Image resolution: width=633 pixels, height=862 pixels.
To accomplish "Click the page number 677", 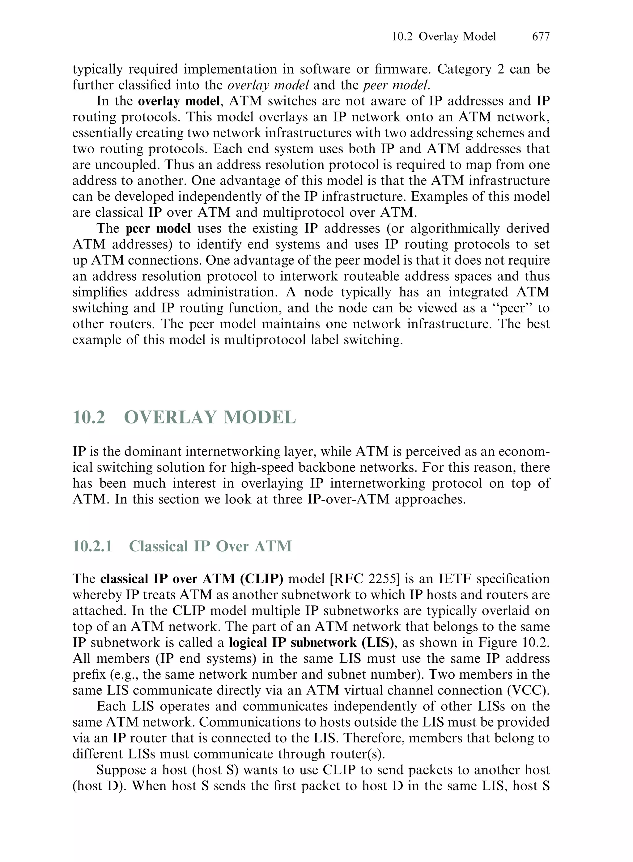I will [541, 36].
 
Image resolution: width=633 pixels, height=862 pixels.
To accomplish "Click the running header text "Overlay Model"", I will [457, 36].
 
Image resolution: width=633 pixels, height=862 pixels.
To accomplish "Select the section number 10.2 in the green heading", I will [89, 417].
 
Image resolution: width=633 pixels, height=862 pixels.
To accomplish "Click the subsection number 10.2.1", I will [92, 546].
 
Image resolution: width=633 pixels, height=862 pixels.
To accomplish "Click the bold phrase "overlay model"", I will [179, 101].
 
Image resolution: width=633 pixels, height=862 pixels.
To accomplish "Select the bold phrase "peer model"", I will [158, 228].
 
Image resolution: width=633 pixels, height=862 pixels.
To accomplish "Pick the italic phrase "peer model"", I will [396, 85].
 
